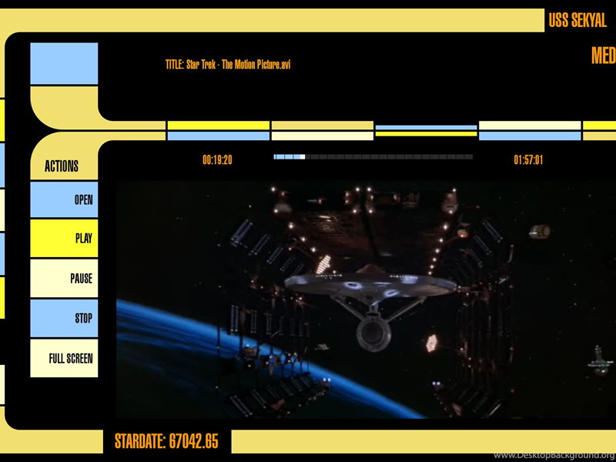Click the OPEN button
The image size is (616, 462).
point(64,199)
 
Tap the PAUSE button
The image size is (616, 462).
point(64,278)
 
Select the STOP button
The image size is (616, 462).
point(64,318)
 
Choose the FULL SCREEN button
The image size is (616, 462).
point(64,358)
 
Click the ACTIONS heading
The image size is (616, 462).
point(62,166)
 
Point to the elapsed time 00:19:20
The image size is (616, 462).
point(217,160)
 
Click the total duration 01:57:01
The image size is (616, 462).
point(528,160)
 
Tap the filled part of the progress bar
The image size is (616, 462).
point(290,157)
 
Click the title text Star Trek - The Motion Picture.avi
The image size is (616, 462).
point(238,65)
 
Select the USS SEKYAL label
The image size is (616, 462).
point(577,21)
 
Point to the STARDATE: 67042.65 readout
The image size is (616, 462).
point(166,441)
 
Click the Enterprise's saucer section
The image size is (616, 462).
point(370,284)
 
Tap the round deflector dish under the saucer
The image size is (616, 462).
point(373,333)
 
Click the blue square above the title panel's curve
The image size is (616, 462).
point(64,63)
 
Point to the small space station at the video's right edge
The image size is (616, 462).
point(600,360)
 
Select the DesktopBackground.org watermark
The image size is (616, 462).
point(554,455)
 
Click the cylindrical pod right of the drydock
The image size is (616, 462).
point(540,232)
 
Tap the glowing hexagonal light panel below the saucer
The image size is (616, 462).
point(432,343)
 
